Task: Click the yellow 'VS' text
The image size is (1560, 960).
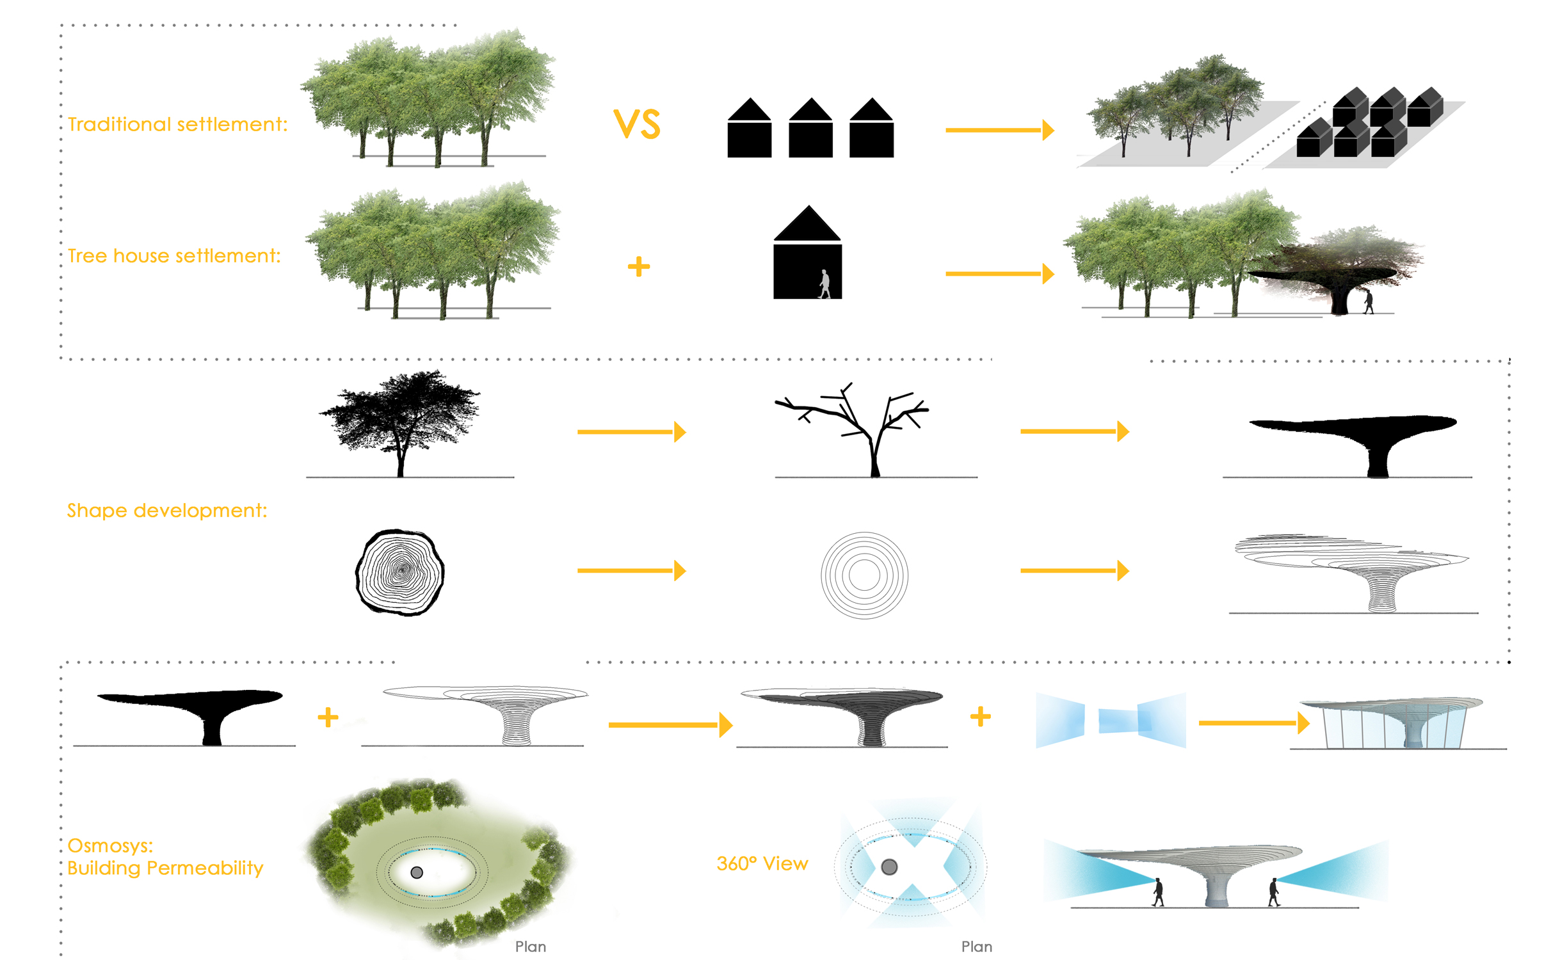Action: point(636,124)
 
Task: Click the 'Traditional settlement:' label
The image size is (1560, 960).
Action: point(177,124)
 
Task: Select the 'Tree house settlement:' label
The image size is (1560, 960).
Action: point(174,256)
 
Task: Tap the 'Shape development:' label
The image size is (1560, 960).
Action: point(167,511)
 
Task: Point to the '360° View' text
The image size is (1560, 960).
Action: point(762,864)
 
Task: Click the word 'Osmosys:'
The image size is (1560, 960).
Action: point(110,845)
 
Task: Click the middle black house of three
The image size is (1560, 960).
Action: point(810,127)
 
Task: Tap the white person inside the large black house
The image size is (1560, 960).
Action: point(824,284)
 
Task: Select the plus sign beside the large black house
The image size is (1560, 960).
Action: point(639,266)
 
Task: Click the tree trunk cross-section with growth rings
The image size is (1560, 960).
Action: point(400,573)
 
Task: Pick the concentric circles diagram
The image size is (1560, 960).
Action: point(864,575)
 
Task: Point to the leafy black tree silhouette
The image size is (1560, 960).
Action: point(399,422)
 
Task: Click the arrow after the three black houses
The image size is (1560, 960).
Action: point(1000,130)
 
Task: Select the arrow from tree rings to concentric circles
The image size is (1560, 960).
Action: point(632,570)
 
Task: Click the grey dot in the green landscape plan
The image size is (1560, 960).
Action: point(417,872)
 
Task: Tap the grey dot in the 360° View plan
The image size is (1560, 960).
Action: point(889,867)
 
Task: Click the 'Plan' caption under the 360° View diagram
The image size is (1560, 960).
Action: point(977,947)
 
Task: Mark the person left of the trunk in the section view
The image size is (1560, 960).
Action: point(1158,892)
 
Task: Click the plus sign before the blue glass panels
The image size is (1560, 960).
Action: point(980,716)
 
